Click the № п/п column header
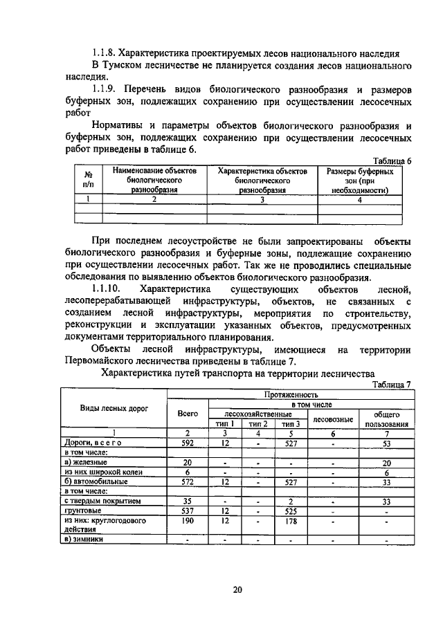pyautogui.click(x=88, y=179)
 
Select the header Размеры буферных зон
pyautogui.click(x=360, y=179)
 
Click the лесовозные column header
pyautogui.click(x=333, y=418)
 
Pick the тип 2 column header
pyautogui.click(x=258, y=423)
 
